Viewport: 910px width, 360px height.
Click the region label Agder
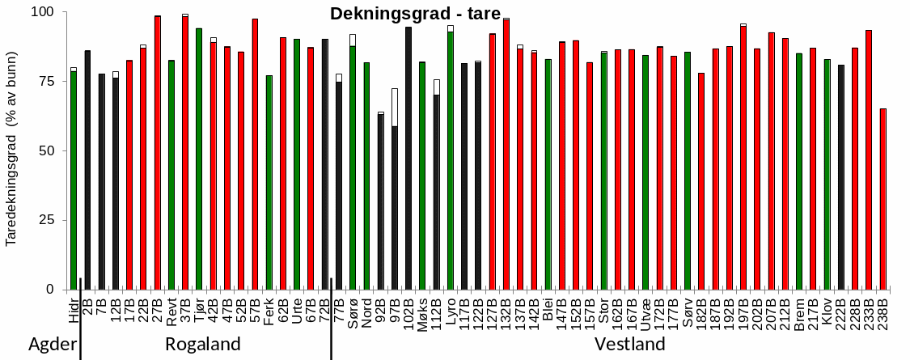pos(53,345)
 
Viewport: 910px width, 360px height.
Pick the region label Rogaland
pos(203,345)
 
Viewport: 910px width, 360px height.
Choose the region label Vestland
pos(630,345)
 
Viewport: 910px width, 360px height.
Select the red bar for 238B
pos(882,199)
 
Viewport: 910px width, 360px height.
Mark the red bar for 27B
pos(157,153)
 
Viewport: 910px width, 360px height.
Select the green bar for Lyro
pos(451,161)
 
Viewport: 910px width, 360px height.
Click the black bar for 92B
pos(381,202)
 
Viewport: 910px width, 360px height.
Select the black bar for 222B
pos(841,177)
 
